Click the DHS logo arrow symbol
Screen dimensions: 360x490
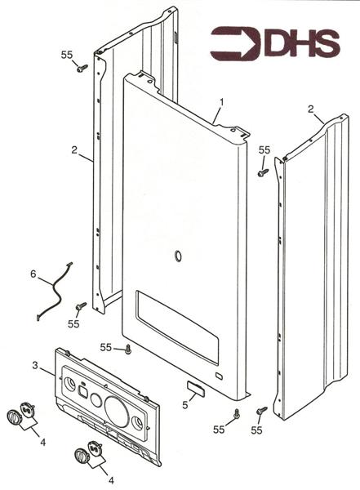tap(235, 43)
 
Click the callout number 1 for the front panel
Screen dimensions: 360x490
tap(221, 102)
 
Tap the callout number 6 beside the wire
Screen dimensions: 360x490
tap(33, 274)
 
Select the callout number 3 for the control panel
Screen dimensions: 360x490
tap(35, 365)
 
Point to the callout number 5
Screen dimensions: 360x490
tap(185, 405)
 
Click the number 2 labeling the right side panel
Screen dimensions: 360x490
tap(311, 109)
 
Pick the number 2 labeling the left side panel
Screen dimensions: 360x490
tap(74, 150)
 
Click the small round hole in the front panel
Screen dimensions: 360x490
tap(178, 256)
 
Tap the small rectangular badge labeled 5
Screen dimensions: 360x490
tap(196, 387)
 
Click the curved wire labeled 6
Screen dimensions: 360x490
tap(54, 291)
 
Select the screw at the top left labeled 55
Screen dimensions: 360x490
tap(82, 68)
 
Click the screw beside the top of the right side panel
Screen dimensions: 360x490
tap(263, 172)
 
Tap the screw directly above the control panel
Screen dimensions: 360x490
tap(128, 350)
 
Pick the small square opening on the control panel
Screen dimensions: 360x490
tap(82, 391)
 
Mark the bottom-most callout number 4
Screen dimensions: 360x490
tap(111, 479)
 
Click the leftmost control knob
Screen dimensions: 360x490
tap(14, 417)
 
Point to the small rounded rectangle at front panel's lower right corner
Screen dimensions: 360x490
tap(220, 376)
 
